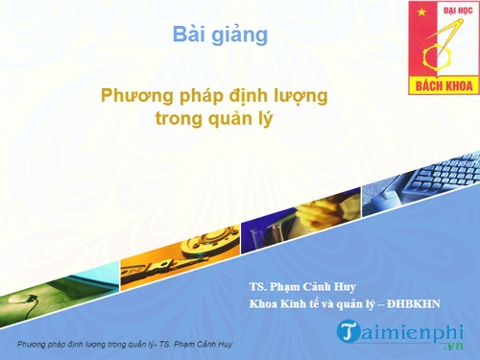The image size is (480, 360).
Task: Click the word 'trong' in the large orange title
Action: [178, 120]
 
